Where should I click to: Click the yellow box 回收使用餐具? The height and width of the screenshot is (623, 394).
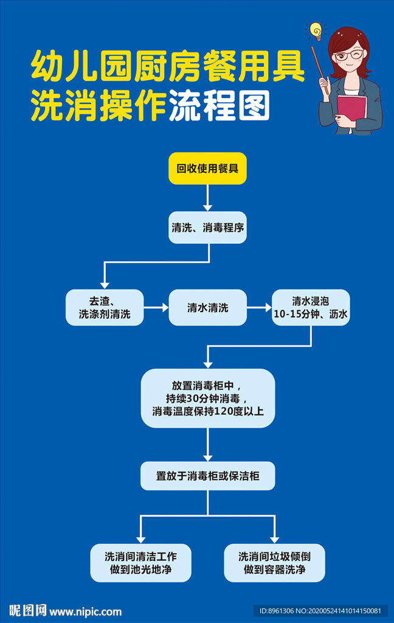(x=207, y=169)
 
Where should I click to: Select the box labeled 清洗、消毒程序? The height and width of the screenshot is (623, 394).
(x=207, y=228)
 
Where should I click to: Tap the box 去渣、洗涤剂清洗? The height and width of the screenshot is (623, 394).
(x=105, y=307)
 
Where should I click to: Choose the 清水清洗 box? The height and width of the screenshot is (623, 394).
(x=207, y=307)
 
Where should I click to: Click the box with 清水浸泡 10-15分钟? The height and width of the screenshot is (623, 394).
(x=311, y=307)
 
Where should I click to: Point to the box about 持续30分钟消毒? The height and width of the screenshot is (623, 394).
(x=207, y=399)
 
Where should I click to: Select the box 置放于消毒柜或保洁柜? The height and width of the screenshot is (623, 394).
(x=207, y=476)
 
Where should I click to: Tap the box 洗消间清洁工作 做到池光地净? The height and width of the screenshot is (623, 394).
(x=140, y=563)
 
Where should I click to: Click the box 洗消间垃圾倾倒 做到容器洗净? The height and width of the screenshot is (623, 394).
(x=274, y=563)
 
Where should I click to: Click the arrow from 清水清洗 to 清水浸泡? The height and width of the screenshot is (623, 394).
(x=260, y=308)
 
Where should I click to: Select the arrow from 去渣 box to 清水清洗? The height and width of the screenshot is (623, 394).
(x=156, y=308)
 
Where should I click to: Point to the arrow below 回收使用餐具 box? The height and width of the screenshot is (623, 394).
(x=207, y=198)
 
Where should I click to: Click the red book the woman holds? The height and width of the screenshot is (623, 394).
(x=351, y=110)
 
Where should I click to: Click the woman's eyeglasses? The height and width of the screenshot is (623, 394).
(x=348, y=55)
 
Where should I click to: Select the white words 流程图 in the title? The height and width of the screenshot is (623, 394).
(x=219, y=106)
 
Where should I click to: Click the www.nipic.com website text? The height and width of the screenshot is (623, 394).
(x=85, y=611)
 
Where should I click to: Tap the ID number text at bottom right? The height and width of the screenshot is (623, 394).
(x=320, y=611)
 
